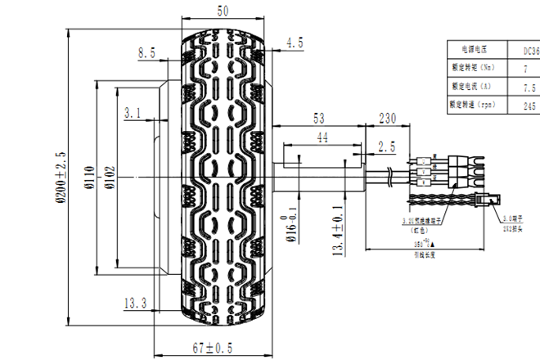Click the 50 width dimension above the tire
coord(222,11)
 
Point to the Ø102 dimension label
coord(109,178)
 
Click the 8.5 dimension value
coord(146,53)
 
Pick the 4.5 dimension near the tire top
coord(295,42)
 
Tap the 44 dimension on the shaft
coord(322,139)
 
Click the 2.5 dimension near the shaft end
coord(386,146)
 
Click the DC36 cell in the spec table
coord(530,50)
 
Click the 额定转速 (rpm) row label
coord(474,106)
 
